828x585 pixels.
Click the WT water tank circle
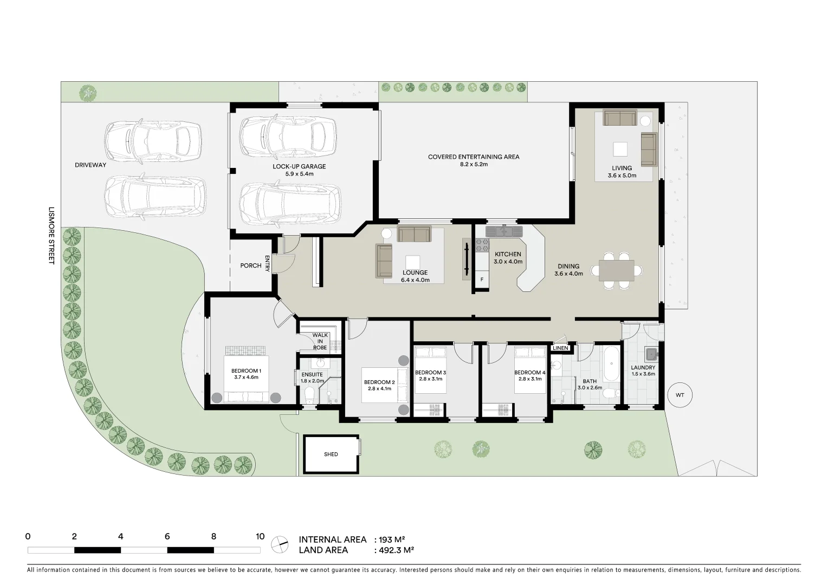point(680,395)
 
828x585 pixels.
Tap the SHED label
point(331,454)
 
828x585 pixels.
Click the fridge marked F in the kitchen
point(482,280)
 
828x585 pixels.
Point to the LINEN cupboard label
point(561,348)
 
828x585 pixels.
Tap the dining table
point(617,270)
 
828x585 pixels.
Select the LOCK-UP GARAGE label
point(299,166)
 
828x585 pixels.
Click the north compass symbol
point(280,544)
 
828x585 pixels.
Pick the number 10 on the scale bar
point(260,537)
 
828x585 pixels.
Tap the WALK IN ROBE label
point(320,341)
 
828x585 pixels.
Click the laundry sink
point(651,355)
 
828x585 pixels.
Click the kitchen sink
point(504,231)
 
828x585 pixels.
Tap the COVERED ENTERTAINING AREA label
point(474,157)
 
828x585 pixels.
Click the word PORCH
point(251,266)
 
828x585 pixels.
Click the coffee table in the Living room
point(620,149)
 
